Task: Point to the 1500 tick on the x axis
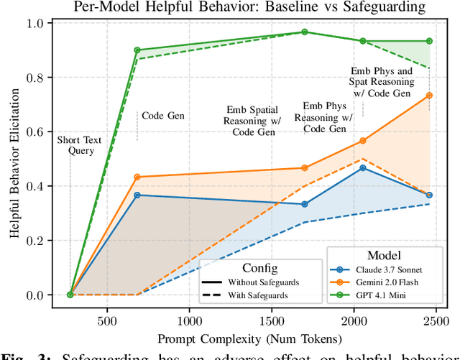click(272, 320)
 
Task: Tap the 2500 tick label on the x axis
click(436, 320)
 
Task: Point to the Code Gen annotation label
click(161, 115)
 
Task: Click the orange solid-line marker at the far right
click(429, 95)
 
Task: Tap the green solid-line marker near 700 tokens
click(137, 50)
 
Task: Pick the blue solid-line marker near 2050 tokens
click(363, 167)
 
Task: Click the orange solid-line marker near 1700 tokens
click(304, 168)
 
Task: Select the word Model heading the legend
click(385, 254)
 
